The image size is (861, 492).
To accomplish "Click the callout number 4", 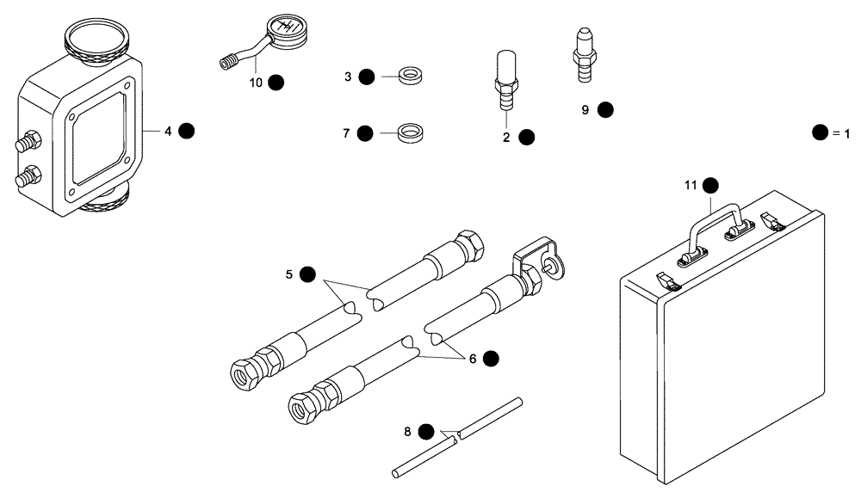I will [168, 131].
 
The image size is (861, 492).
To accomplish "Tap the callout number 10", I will [255, 83].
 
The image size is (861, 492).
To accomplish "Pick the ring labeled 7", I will [412, 133].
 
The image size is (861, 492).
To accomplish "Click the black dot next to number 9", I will [605, 109].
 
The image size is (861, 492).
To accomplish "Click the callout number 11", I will [690, 185].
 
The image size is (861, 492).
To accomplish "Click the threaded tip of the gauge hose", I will [226, 62].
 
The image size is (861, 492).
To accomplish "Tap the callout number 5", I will [289, 274].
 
